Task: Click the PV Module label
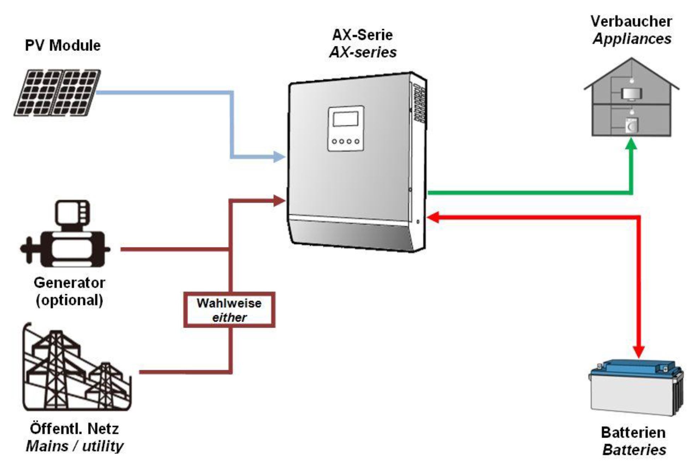point(63,46)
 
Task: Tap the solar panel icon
point(57,93)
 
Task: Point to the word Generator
point(69,283)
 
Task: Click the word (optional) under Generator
point(69,300)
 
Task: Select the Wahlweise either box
point(229,310)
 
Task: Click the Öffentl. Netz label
point(74,429)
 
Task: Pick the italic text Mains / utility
point(74,446)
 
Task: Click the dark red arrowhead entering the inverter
point(280,200)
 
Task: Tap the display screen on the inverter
point(345,119)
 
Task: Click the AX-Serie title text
point(362,35)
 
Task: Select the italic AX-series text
point(363,52)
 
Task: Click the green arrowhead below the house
point(631,144)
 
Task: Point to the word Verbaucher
point(631,22)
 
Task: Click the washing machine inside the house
point(631,126)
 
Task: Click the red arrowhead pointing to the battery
point(639,352)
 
